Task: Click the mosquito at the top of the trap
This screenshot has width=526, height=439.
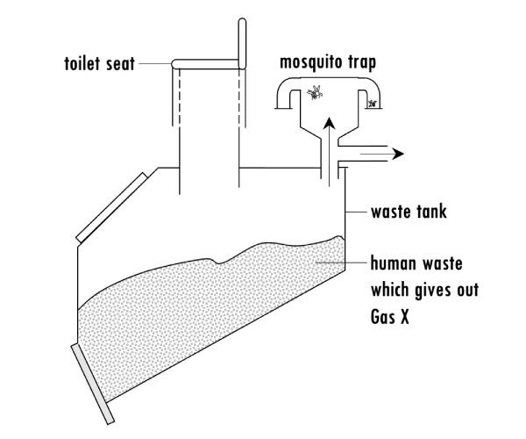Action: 316,90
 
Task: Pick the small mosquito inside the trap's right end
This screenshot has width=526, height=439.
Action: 373,104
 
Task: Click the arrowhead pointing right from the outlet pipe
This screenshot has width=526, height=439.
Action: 399,154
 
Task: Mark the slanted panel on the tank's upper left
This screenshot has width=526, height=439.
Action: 110,207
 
